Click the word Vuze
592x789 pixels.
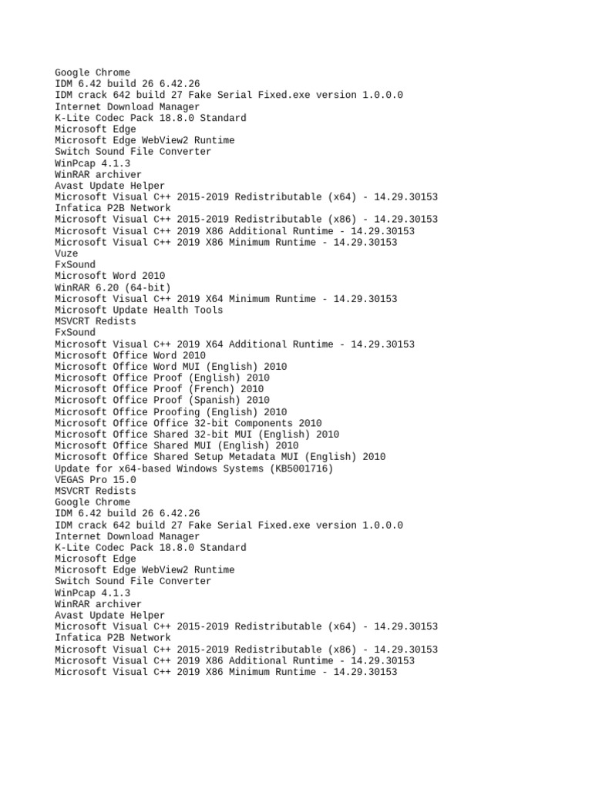tap(66, 253)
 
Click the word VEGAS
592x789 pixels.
tap(69, 479)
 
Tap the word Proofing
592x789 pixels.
tap(179, 411)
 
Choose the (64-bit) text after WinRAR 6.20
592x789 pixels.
tap(147, 287)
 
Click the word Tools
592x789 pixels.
tap(208, 310)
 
